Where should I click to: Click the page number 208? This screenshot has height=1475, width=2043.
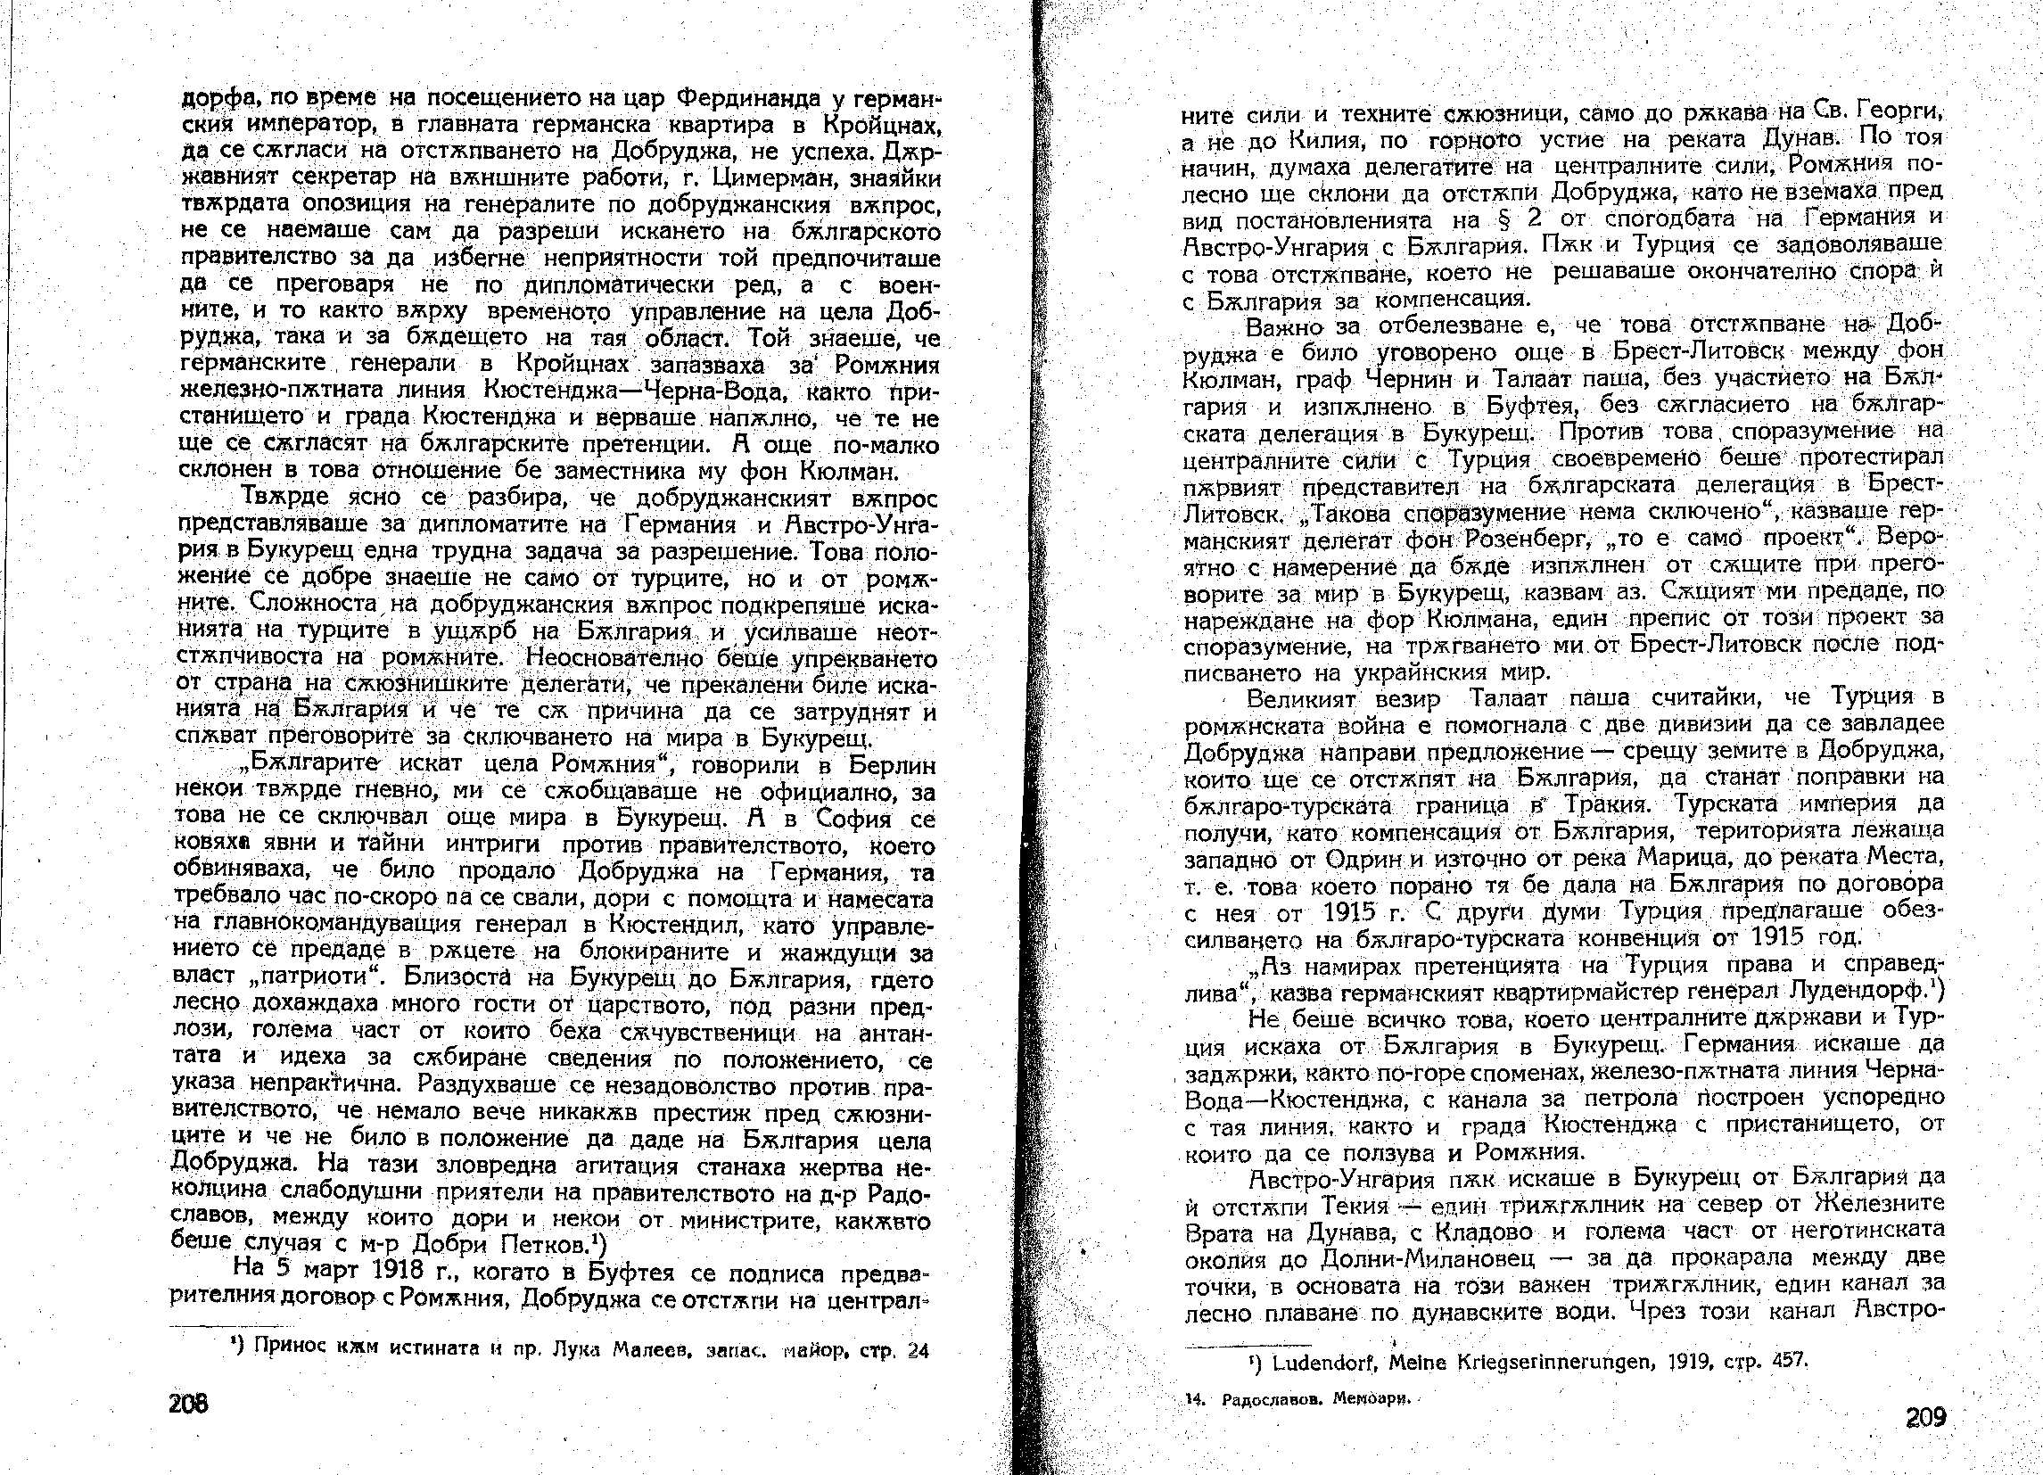(x=187, y=1404)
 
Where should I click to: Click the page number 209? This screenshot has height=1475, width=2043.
(x=1926, y=1417)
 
